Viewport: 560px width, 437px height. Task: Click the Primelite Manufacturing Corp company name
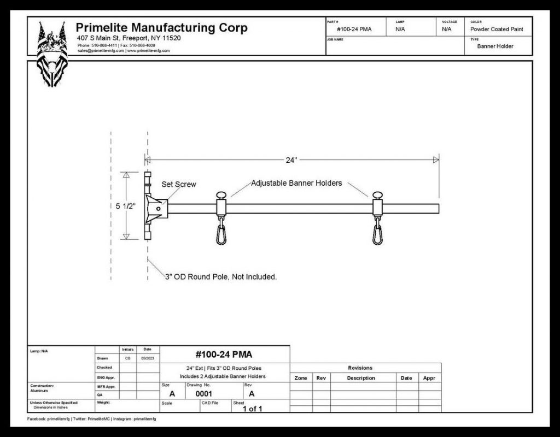click(161, 28)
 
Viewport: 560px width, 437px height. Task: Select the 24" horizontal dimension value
click(291, 160)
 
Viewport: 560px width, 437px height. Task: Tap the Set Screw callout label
click(178, 185)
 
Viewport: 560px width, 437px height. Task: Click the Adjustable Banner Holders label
click(296, 183)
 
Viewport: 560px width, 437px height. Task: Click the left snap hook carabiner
click(221, 233)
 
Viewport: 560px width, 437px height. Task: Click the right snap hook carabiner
click(377, 233)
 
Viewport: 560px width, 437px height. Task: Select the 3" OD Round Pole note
click(221, 277)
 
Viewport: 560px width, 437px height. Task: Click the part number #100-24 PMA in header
click(354, 29)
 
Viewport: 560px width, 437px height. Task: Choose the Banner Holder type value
click(495, 46)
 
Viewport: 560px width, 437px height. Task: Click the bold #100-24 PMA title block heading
click(223, 354)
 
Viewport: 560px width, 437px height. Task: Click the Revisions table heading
click(360, 368)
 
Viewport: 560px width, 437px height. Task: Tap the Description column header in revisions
click(360, 378)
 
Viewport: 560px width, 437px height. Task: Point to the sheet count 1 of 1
click(253, 409)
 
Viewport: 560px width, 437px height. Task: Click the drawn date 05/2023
click(148, 358)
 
